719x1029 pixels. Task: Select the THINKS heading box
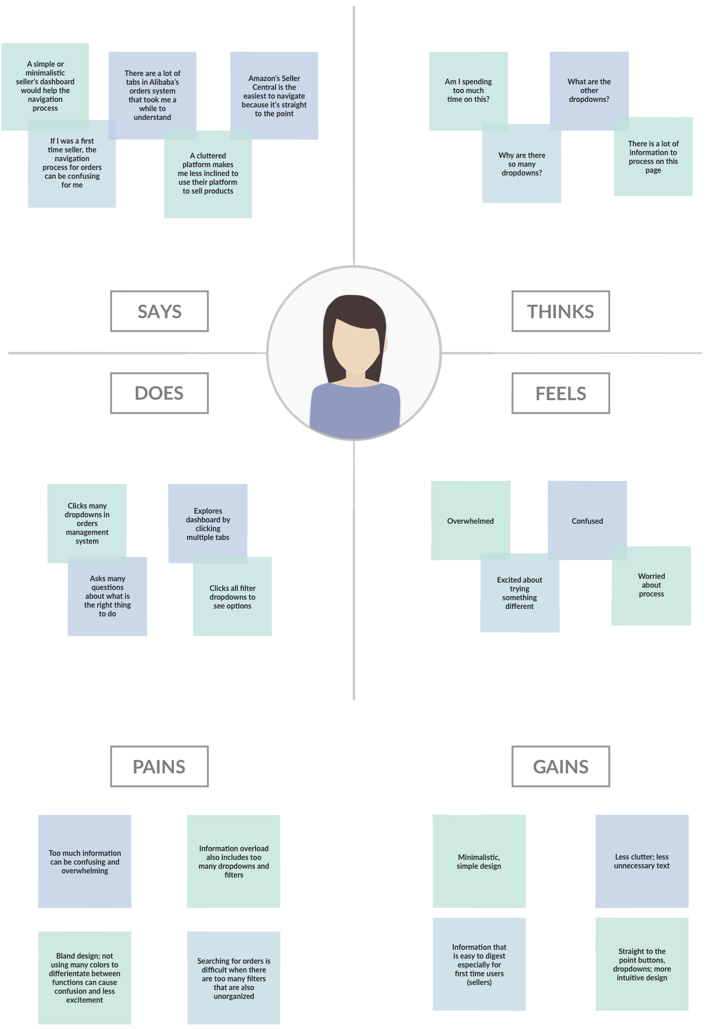point(561,312)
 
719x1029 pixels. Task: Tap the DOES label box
point(159,393)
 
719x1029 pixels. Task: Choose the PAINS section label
point(159,766)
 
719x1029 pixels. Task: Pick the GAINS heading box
point(561,766)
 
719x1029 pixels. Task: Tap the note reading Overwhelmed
point(471,521)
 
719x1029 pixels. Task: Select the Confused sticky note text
point(587,521)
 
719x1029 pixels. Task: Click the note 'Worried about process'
point(651,585)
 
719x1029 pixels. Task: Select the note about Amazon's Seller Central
point(274,96)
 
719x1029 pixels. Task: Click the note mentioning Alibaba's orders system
point(152,95)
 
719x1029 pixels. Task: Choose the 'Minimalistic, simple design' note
point(479,861)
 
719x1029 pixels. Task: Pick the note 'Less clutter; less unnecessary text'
point(642,861)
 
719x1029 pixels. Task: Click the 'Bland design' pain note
point(85,978)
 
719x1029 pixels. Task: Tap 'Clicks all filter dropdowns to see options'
point(232,597)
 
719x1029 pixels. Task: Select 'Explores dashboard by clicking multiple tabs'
point(208,524)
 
